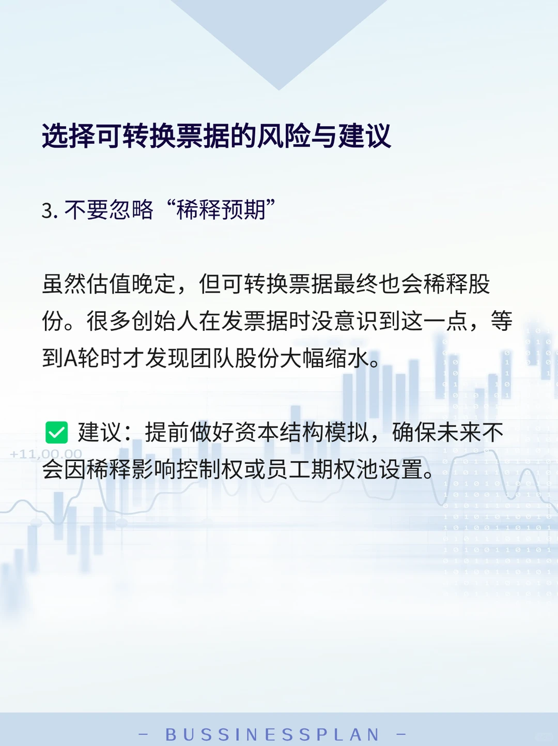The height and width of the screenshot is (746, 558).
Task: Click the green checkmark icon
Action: click(x=57, y=433)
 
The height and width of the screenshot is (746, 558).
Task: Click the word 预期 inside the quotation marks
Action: click(x=243, y=210)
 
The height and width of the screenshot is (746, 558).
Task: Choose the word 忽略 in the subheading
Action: click(x=131, y=210)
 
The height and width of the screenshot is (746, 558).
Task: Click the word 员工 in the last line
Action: click(x=289, y=470)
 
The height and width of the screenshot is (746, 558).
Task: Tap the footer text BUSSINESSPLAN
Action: click(x=272, y=734)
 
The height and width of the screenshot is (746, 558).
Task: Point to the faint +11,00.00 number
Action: click(x=46, y=454)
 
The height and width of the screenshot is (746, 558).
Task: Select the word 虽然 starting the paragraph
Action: click(x=64, y=284)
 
